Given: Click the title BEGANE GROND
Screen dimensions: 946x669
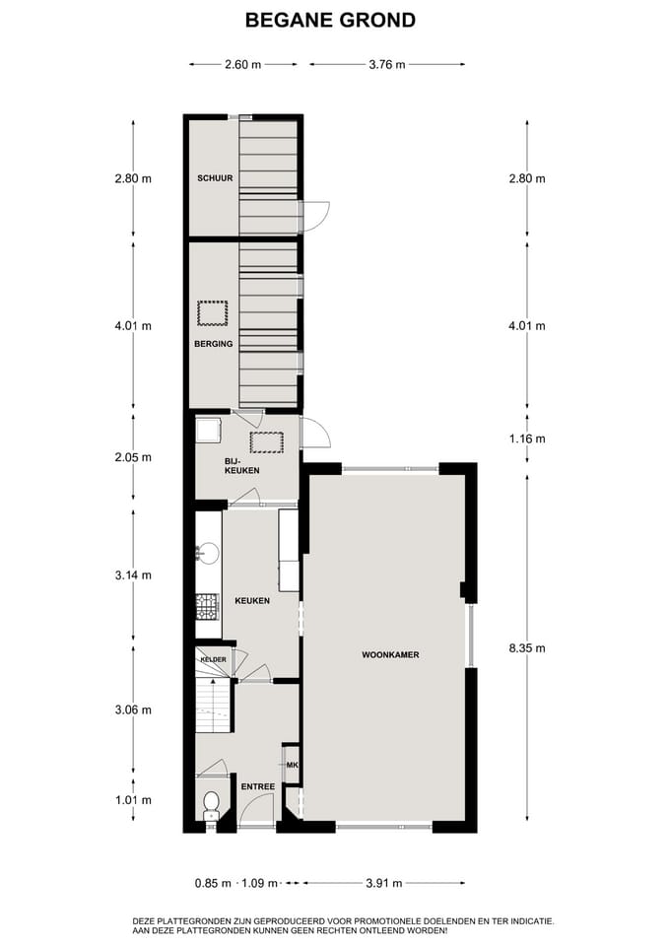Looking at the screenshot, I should pos(330,20).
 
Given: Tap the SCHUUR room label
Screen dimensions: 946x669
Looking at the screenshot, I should pos(214,178).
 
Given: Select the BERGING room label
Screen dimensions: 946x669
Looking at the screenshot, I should pos(214,344).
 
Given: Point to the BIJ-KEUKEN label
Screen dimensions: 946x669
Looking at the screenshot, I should pos(241,465).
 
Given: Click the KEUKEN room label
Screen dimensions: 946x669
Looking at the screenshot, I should pos(251,600).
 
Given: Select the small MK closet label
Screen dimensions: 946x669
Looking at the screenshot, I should pos(292,765).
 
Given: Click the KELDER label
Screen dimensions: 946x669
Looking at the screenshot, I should pos(214,659).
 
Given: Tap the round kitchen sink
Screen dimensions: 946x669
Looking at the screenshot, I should pos(208,553).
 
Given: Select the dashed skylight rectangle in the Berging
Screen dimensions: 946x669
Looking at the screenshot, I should pos(213,313).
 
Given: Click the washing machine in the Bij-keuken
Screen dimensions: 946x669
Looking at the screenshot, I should pos(208,431).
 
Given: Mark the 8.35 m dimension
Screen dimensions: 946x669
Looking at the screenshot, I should pos(526,647).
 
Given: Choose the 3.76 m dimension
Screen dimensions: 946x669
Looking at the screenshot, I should pos(387,65).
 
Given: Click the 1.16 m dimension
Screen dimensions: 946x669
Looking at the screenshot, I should pos(526,439).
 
